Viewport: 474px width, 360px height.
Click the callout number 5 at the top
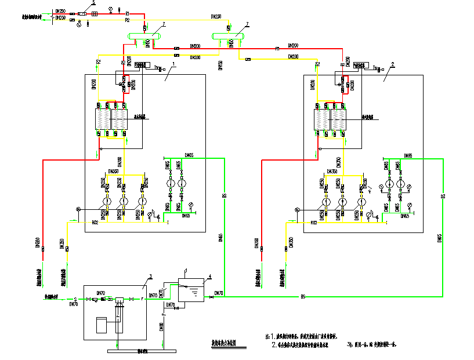coord(85,3)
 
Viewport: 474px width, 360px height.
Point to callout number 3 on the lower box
coord(150,276)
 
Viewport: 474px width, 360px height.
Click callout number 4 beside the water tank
coord(210,276)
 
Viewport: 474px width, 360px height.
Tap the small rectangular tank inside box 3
coord(102,325)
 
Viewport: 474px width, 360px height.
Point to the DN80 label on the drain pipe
coord(161,327)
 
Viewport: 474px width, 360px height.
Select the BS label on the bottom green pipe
coord(303,297)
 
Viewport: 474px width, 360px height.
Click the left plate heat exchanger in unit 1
coord(103,121)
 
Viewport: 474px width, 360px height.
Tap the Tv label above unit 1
coord(156,67)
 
